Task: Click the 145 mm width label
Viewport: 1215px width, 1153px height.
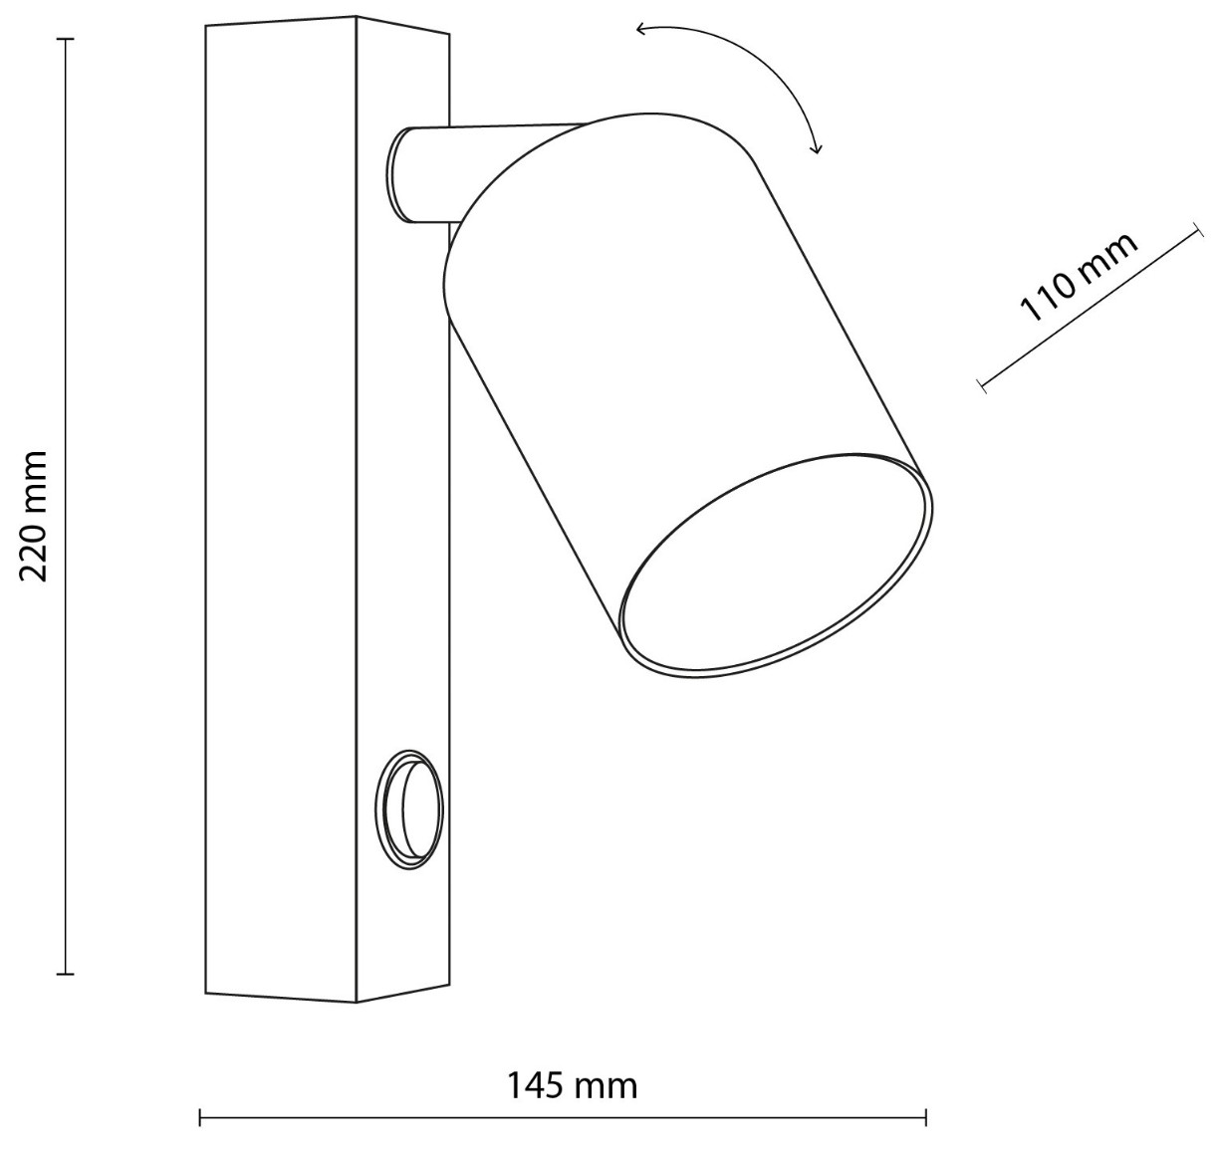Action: point(572,1085)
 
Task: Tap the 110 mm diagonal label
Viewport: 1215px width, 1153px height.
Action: point(1078,278)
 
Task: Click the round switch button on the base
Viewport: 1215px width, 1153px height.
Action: point(409,810)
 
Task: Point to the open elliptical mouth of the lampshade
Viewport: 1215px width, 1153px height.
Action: point(776,565)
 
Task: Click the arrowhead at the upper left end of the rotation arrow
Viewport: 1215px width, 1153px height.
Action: point(641,29)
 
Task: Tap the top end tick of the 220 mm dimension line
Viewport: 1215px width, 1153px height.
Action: point(66,39)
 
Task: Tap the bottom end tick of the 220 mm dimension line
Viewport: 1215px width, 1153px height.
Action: point(66,975)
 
